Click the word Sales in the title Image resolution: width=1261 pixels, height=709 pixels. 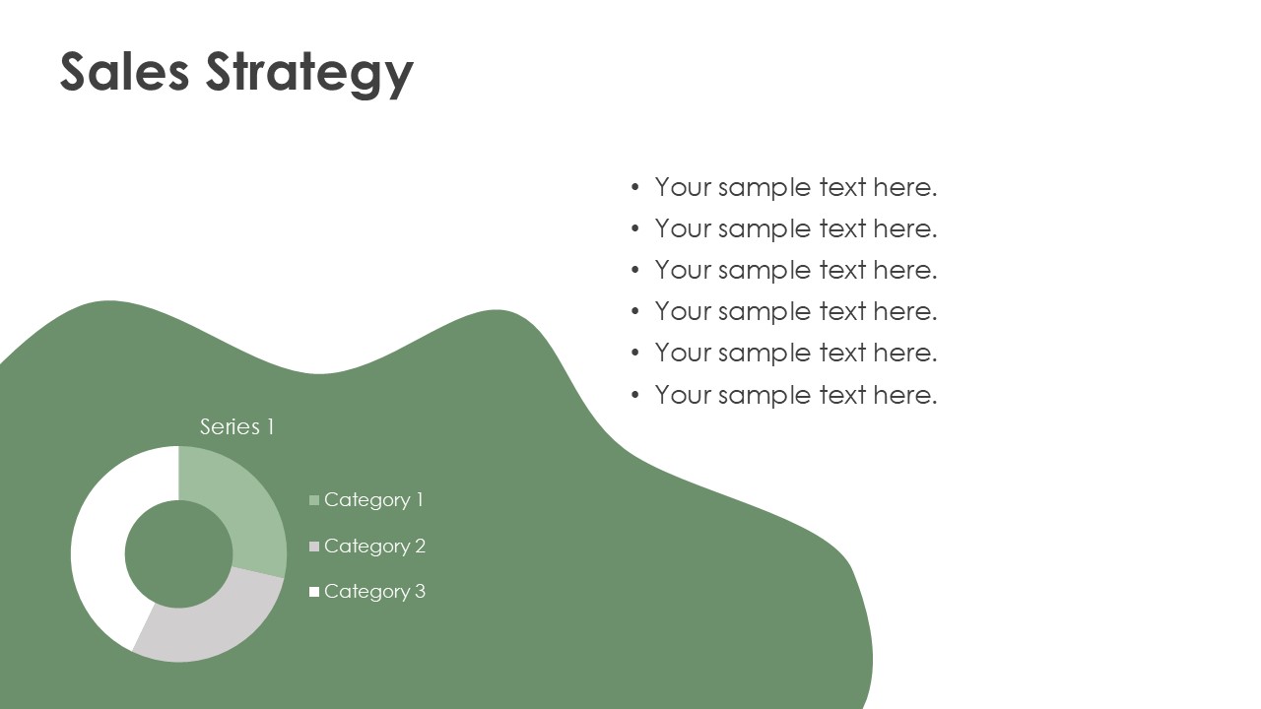[124, 72]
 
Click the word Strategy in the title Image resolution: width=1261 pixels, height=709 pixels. [309, 75]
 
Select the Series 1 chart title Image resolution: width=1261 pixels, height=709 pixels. [237, 426]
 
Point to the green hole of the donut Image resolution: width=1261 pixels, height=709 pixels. [178, 554]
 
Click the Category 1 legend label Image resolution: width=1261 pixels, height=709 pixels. [373, 500]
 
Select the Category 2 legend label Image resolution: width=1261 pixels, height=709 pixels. [375, 547]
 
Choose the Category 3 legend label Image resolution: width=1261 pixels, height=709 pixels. [375, 592]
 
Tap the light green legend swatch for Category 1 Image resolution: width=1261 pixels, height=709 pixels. [314, 499]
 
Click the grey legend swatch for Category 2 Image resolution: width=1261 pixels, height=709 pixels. [314, 546]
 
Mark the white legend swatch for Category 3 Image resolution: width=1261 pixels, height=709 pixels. [314, 592]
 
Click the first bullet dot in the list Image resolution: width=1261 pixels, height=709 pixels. [635, 187]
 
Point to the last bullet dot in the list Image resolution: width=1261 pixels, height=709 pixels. [635, 395]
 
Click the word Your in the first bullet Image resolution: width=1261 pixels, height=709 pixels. [683, 187]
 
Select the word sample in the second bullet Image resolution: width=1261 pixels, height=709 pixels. [764, 230]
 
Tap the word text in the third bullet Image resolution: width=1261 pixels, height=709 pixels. [842, 271]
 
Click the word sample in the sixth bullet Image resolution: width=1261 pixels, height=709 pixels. [764, 397]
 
